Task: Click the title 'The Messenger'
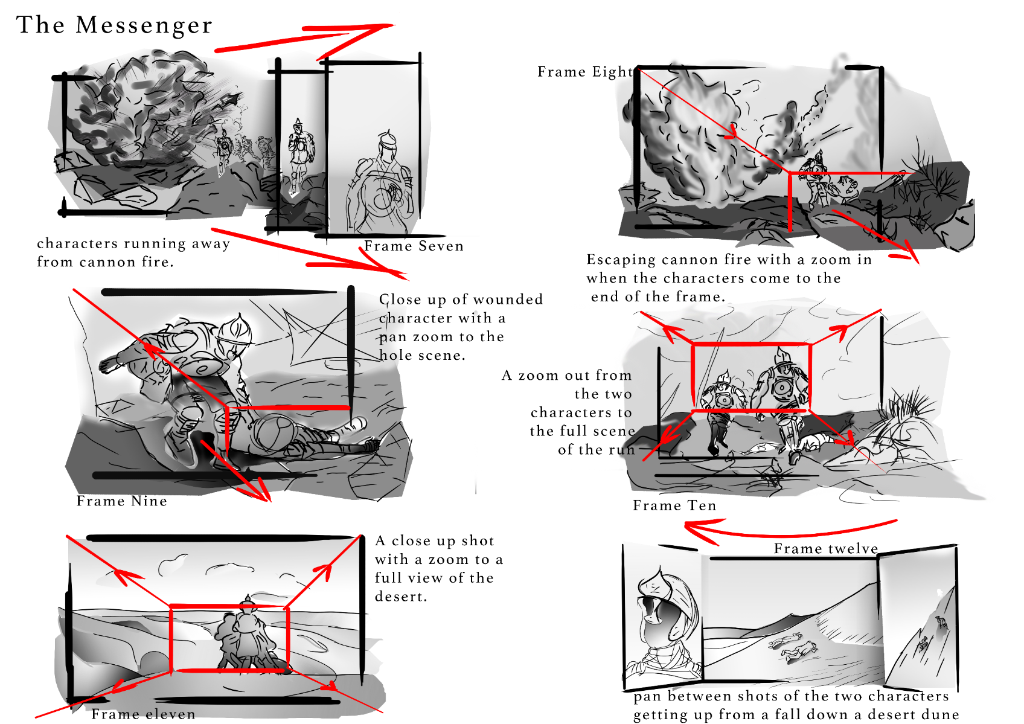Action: pos(114,25)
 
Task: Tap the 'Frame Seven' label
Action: pos(414,246)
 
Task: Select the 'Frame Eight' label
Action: pos(586,72)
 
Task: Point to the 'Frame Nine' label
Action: pos(121,501)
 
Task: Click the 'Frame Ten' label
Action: pos(674,505)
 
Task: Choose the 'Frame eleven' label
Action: pos(143,714)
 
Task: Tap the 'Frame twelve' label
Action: pos(826,548)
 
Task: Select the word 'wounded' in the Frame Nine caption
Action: pos(508,300)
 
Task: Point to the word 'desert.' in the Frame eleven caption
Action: pos(401,597)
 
